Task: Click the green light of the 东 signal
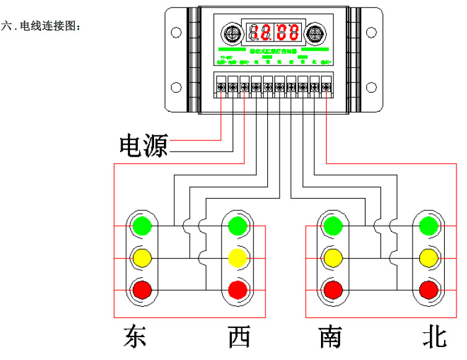[142, 226]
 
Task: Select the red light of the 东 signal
[142, 289]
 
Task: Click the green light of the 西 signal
[238, 226]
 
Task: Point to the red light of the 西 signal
[238, 289]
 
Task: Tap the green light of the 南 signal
[333, 226]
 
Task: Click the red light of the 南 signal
[333, 289]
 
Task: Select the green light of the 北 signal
[428, 226]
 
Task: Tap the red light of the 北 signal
[428, 289]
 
